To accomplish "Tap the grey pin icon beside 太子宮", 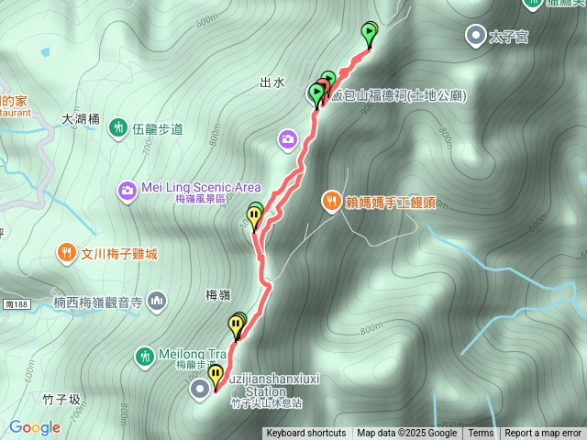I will pos(476,37).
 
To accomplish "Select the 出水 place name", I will pos(272,82).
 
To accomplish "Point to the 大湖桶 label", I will pos(80,119).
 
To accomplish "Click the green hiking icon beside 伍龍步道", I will pos(117,127).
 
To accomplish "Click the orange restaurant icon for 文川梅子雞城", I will pos(66,252).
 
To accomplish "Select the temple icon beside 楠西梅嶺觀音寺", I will pos(157,300).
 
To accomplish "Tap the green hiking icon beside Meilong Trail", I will pos(144,355).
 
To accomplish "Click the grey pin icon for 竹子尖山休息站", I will pos(200,390).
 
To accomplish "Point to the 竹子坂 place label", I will pos(61,400).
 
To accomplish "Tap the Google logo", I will pos(35,427).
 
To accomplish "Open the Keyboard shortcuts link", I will pos(306,434).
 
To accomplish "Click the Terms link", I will pos(481,434).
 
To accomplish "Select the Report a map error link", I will pos(543,434).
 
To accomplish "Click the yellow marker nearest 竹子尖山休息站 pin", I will pos(216,375).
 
